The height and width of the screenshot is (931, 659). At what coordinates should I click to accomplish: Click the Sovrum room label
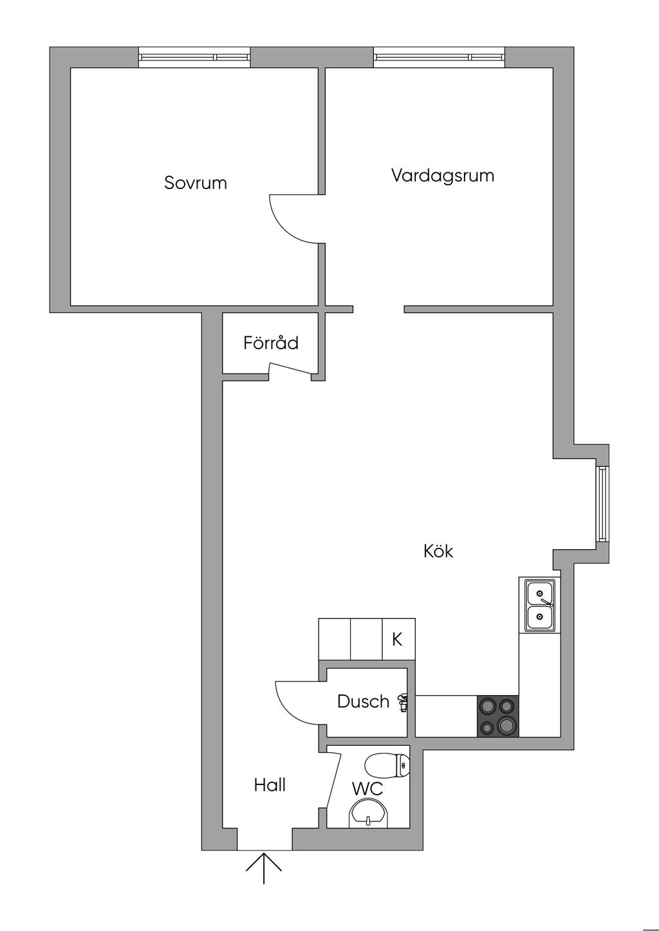click(196, 183)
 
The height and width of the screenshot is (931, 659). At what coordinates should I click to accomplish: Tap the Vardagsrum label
click(443, 176)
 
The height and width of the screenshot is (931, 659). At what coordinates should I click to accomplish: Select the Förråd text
click(271, 343)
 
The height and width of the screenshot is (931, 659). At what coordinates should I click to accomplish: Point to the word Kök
click(438, 551)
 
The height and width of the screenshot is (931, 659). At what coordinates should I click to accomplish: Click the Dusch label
click(364, 701)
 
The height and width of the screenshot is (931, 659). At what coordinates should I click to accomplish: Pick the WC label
click(367, 788)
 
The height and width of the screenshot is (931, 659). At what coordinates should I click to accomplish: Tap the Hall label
click(270, 785)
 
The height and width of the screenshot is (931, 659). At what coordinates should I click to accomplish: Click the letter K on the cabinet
click(398, 640)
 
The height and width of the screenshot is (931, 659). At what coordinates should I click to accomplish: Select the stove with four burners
click(497, 716)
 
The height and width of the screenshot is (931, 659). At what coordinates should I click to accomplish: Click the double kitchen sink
click(540, 604)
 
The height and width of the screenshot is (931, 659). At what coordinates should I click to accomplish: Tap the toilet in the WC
click(387, 765)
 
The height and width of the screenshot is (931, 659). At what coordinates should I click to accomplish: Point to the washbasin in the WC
click(369, 813)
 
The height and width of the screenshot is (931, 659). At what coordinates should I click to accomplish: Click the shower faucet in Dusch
click(404, 702)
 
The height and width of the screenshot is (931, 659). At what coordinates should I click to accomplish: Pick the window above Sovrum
click(194, 57)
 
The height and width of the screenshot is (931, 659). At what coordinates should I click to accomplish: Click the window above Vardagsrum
click(439, 57)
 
